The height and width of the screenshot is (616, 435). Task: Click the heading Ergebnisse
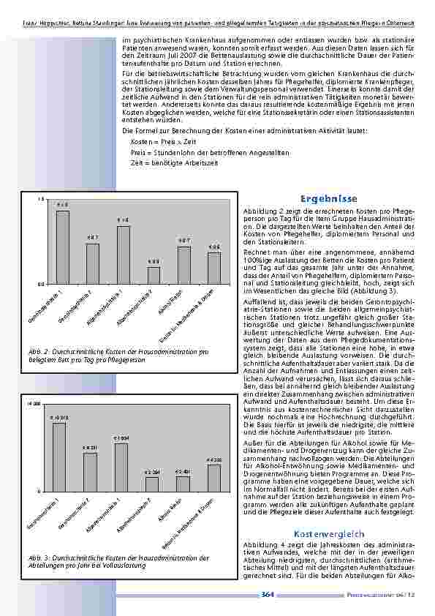328,198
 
